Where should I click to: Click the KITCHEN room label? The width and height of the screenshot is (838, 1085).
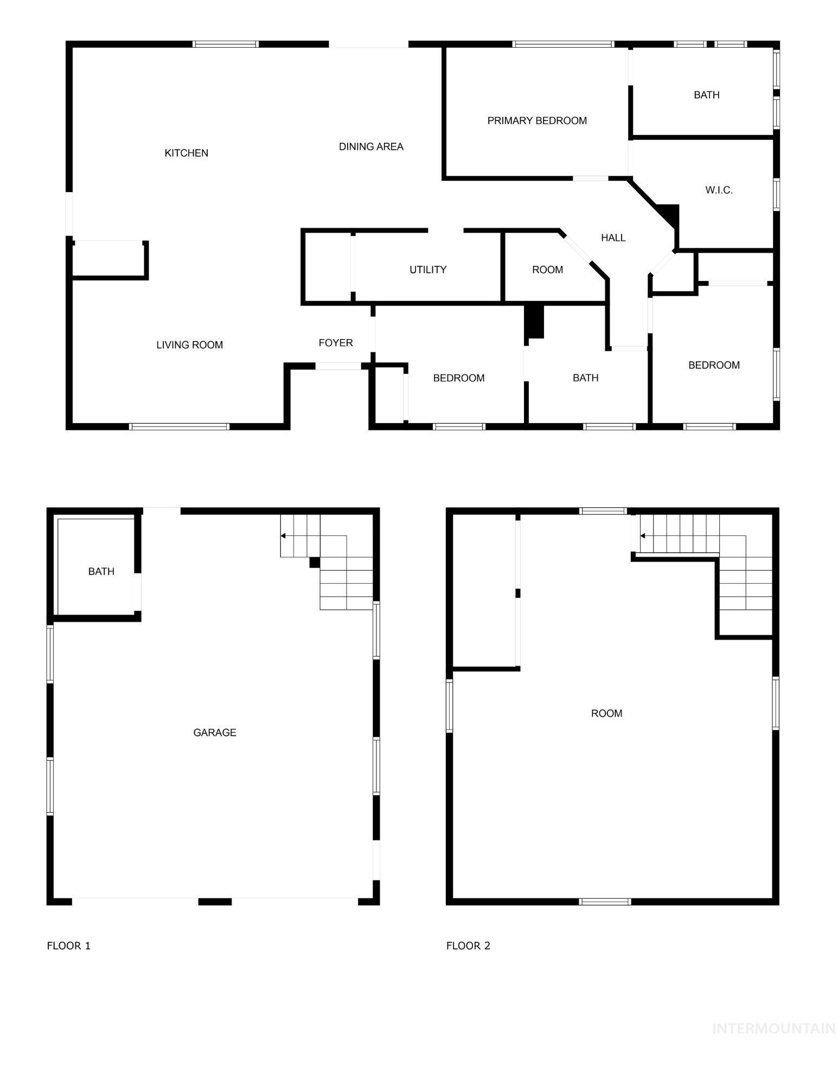click(x=186, y=153)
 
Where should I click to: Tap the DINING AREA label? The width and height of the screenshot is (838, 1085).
click(x=371, y=146)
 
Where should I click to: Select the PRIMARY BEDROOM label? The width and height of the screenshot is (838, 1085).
click(x=537, y=120)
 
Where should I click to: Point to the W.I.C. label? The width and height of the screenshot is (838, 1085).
click(x=719, y=190)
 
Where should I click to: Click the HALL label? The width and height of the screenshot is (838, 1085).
click(x=613, y=238)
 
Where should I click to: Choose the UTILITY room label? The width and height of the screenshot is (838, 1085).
click(x=428, y=270)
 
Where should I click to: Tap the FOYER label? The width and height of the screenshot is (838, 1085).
click(x=336, y=343)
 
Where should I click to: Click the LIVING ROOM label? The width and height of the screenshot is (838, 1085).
click(x=189, y=345)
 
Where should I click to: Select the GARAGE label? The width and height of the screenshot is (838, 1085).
click(x=215, y=732)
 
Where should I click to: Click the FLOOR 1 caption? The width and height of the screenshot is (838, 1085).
click(x=69, y=946)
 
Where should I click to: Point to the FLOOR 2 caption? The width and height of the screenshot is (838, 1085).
click(x=468, y=946)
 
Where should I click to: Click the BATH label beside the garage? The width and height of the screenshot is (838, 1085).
click(x=101, y=571)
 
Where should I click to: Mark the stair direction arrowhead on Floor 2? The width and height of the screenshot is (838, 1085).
click(x=643, y=536)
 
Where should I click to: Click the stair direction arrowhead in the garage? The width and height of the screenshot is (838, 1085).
click(x=283, y=536)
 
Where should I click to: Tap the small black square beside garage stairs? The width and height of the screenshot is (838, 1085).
click(x=315, y=563)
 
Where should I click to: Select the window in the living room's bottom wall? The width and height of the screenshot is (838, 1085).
click(x=180, y=427)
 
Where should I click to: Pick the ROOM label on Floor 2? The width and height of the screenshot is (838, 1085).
click(x=606, y=713)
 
